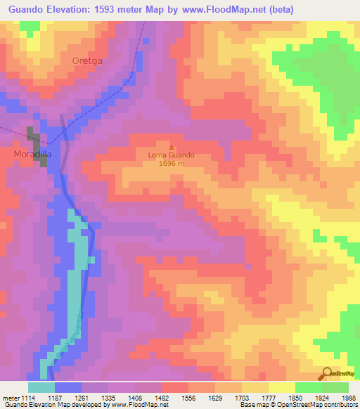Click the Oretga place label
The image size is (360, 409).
(x=87, y=61)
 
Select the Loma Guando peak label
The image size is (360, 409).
(x=171, y=155)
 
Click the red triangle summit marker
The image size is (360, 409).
(x=171, y=146)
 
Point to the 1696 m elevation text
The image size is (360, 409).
(x=171, y=164)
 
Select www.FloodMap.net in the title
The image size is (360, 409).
(x=225, y=9)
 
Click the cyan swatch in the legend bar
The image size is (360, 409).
(x=41, y=387)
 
